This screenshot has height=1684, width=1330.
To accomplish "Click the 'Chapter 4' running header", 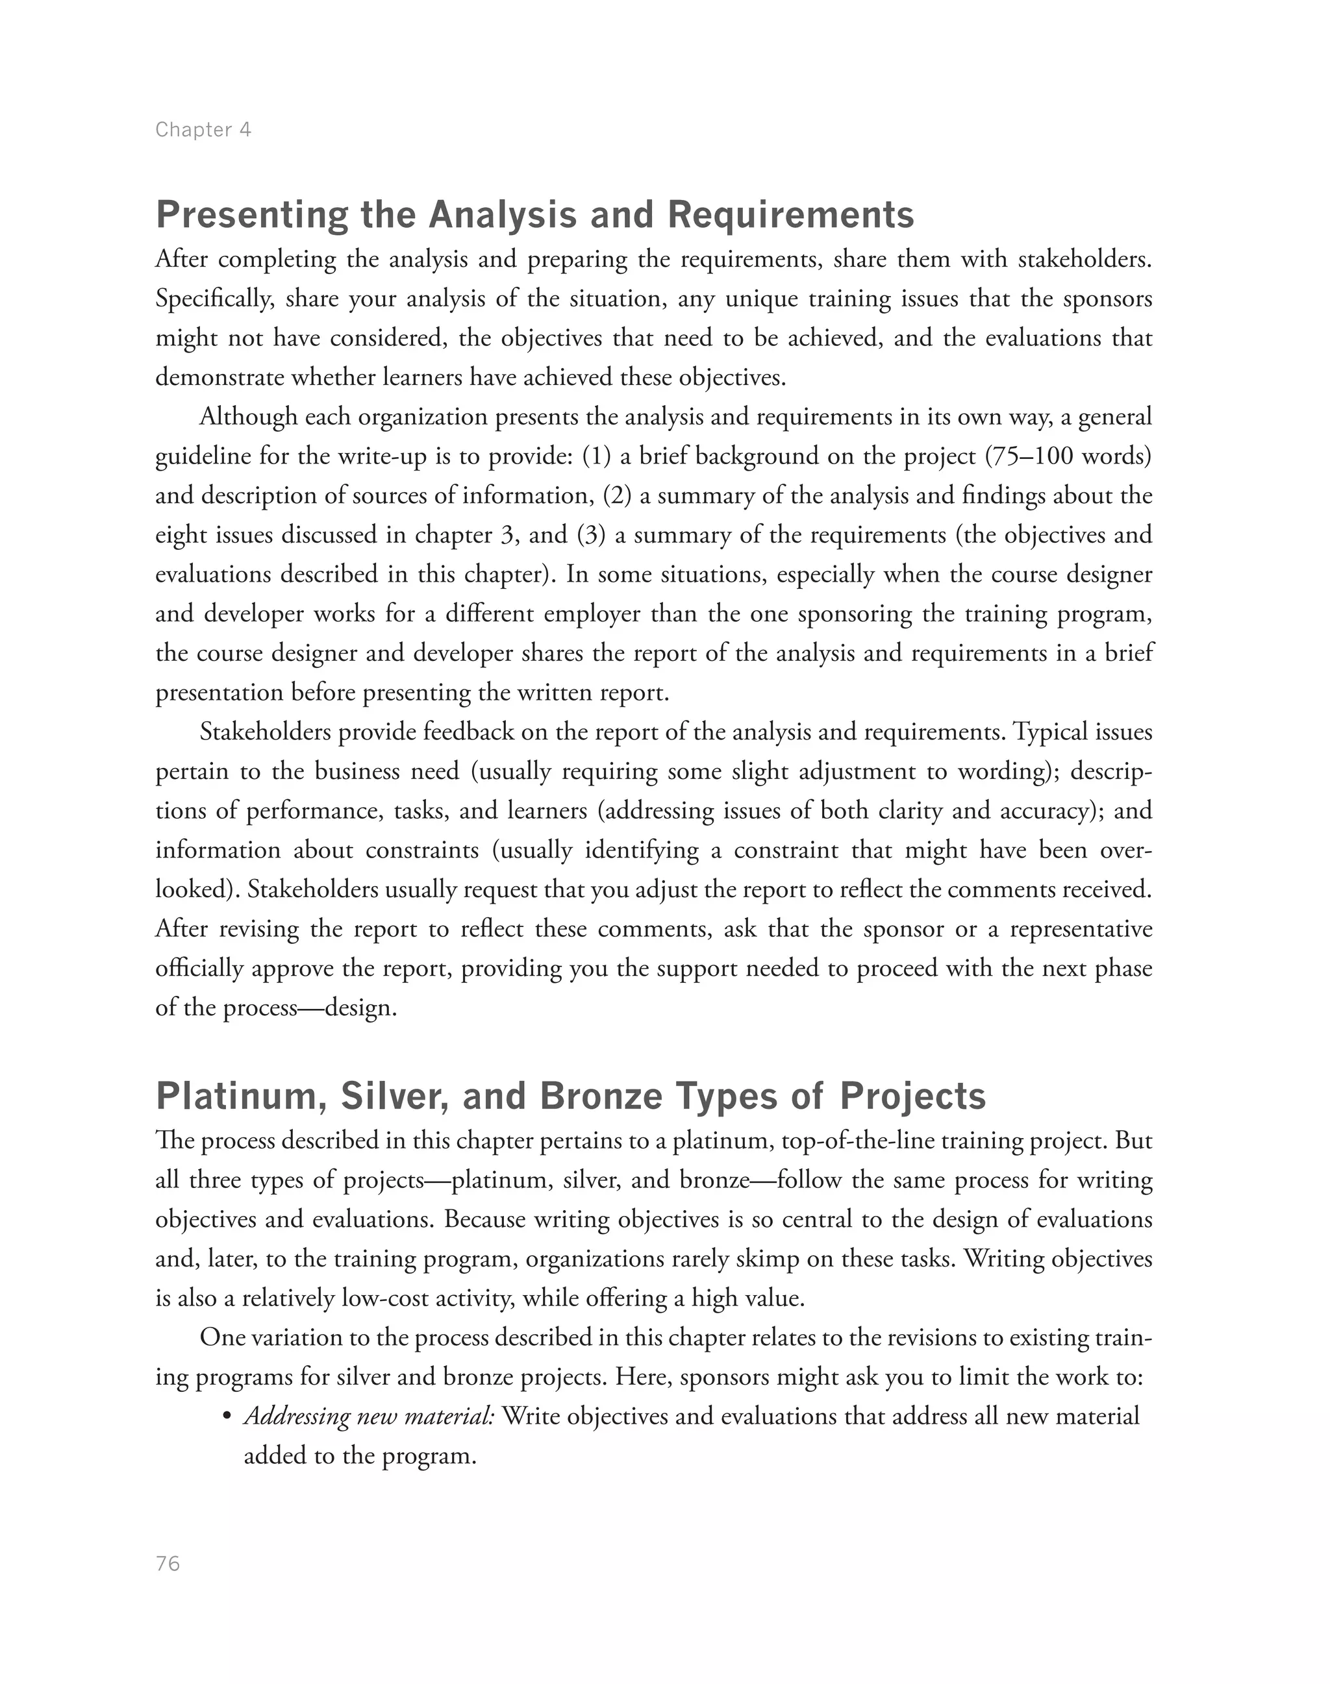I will point(203,129).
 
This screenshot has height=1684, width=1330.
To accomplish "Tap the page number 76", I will point(168,1564).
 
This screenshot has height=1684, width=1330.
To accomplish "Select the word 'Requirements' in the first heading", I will point(790,215).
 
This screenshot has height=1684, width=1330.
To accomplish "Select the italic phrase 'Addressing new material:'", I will point(369,1416).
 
